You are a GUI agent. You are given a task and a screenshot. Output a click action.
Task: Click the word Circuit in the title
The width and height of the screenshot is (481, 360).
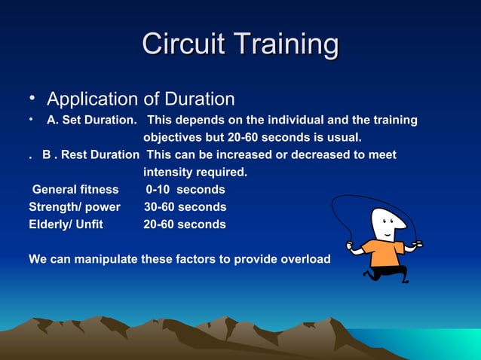pos(185,44)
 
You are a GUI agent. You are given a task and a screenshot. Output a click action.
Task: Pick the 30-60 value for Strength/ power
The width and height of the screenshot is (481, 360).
pos(160,207)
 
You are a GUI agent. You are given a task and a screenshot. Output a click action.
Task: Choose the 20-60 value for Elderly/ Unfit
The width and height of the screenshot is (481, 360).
pos(160,224)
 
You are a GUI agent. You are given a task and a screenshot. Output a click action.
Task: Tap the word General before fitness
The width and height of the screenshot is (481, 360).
pos(54,190)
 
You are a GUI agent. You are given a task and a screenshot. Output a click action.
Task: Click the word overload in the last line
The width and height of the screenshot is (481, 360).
pos(305,259)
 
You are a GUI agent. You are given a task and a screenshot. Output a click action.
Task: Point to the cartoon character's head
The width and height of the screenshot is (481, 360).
pos(388,224)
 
